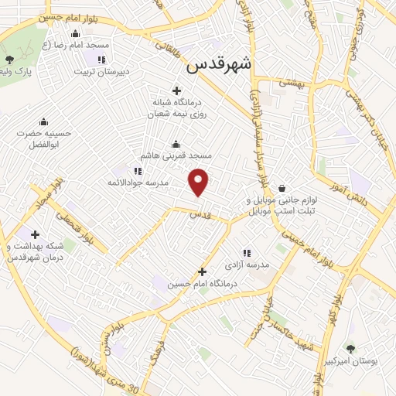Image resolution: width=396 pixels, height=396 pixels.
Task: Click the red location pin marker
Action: (x=200, y=182)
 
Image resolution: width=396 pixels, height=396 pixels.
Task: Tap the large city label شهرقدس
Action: (x=219, y=67)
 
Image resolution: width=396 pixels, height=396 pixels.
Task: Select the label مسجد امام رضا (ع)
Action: (x=75, y=46)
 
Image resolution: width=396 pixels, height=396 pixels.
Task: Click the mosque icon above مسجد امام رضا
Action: (x=74, y=33)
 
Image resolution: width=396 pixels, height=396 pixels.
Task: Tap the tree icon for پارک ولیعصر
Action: (x=9, y=60)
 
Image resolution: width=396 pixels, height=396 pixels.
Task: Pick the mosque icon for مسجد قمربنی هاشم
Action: (x=176, y=143)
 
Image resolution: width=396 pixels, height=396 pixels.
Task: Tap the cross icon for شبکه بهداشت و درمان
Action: (x=35, y=234)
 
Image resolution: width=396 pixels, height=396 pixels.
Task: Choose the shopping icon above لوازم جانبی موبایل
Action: (x=282, y=187)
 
